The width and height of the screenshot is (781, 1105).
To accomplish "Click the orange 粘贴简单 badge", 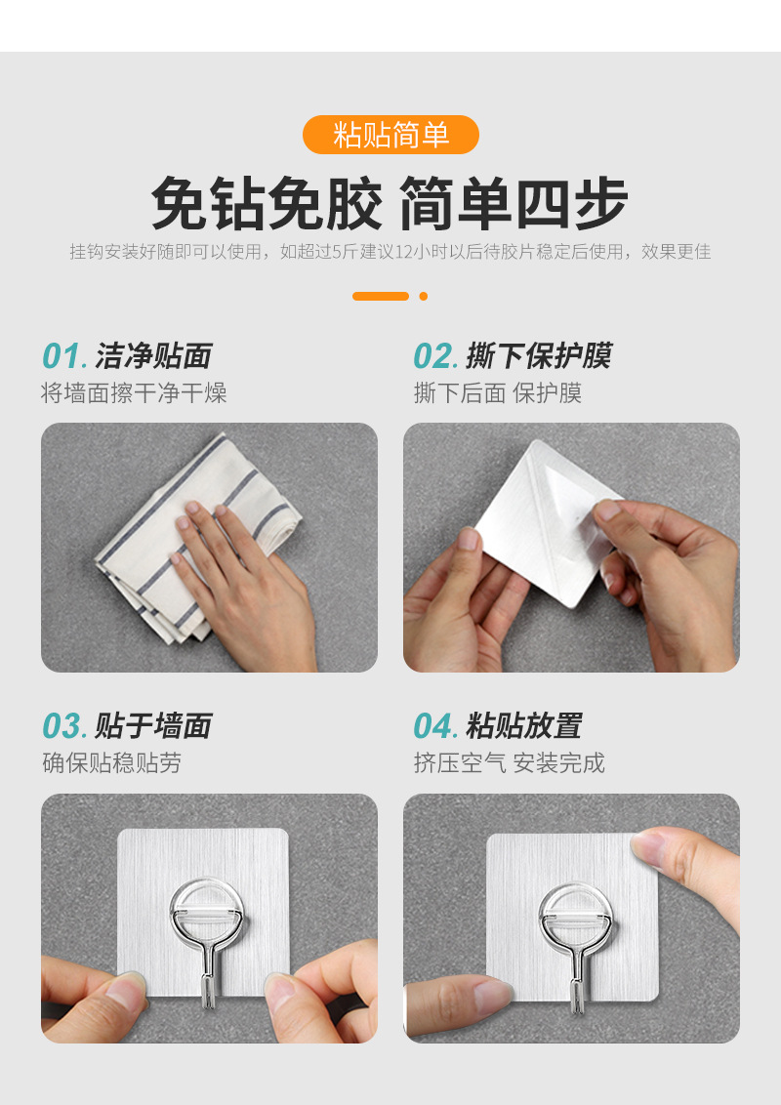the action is coord(390,135).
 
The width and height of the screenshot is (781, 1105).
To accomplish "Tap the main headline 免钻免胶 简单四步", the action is coord(390,204).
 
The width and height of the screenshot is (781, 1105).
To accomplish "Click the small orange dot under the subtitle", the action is coord(423,296).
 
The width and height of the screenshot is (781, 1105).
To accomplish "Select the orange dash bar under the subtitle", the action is coord(381,296).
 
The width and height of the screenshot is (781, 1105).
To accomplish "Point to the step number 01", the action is coord(64,356).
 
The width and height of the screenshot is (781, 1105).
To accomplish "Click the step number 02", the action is coord(435,356).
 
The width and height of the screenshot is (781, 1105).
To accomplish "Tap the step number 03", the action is coord(64,726).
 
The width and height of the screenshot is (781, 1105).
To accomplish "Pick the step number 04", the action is coord(435,726).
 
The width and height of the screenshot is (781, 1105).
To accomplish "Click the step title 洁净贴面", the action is coord(153,356).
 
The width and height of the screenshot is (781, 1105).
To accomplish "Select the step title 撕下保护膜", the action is coord(539,356).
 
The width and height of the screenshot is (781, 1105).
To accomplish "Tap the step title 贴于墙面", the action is coord(153,726).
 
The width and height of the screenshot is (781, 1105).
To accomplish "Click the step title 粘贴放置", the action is coord(523,726).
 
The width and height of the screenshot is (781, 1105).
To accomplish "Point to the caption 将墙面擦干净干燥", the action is coord(134,392).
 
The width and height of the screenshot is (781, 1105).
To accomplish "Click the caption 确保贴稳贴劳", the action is coord(111,762).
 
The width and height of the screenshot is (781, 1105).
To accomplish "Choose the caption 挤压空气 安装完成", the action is coord(509,762).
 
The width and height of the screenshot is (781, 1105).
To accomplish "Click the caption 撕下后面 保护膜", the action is coord(498,392).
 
